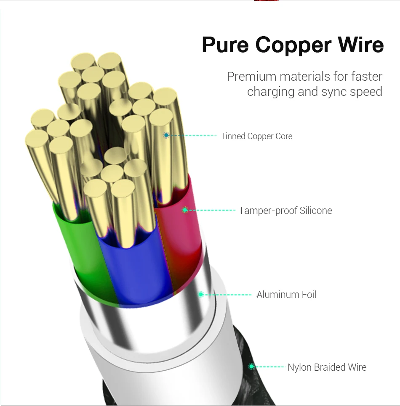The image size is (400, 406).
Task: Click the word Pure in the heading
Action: click(225, 45)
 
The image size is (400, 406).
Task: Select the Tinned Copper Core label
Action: click(256, 136)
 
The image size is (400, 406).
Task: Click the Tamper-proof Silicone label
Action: click(285, 211)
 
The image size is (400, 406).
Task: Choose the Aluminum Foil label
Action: click(286, 295)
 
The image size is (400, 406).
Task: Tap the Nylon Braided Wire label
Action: click(327, 367)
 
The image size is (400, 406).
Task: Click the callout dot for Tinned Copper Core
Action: click(166, 135)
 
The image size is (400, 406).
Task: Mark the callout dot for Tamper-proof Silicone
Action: click(185, 210)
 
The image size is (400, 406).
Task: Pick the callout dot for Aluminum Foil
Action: click(201, 294)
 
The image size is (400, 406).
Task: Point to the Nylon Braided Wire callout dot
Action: click(251, 366)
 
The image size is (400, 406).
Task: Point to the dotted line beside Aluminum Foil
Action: click(228, 295)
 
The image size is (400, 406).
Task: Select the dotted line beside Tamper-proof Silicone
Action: click(212, 210)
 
